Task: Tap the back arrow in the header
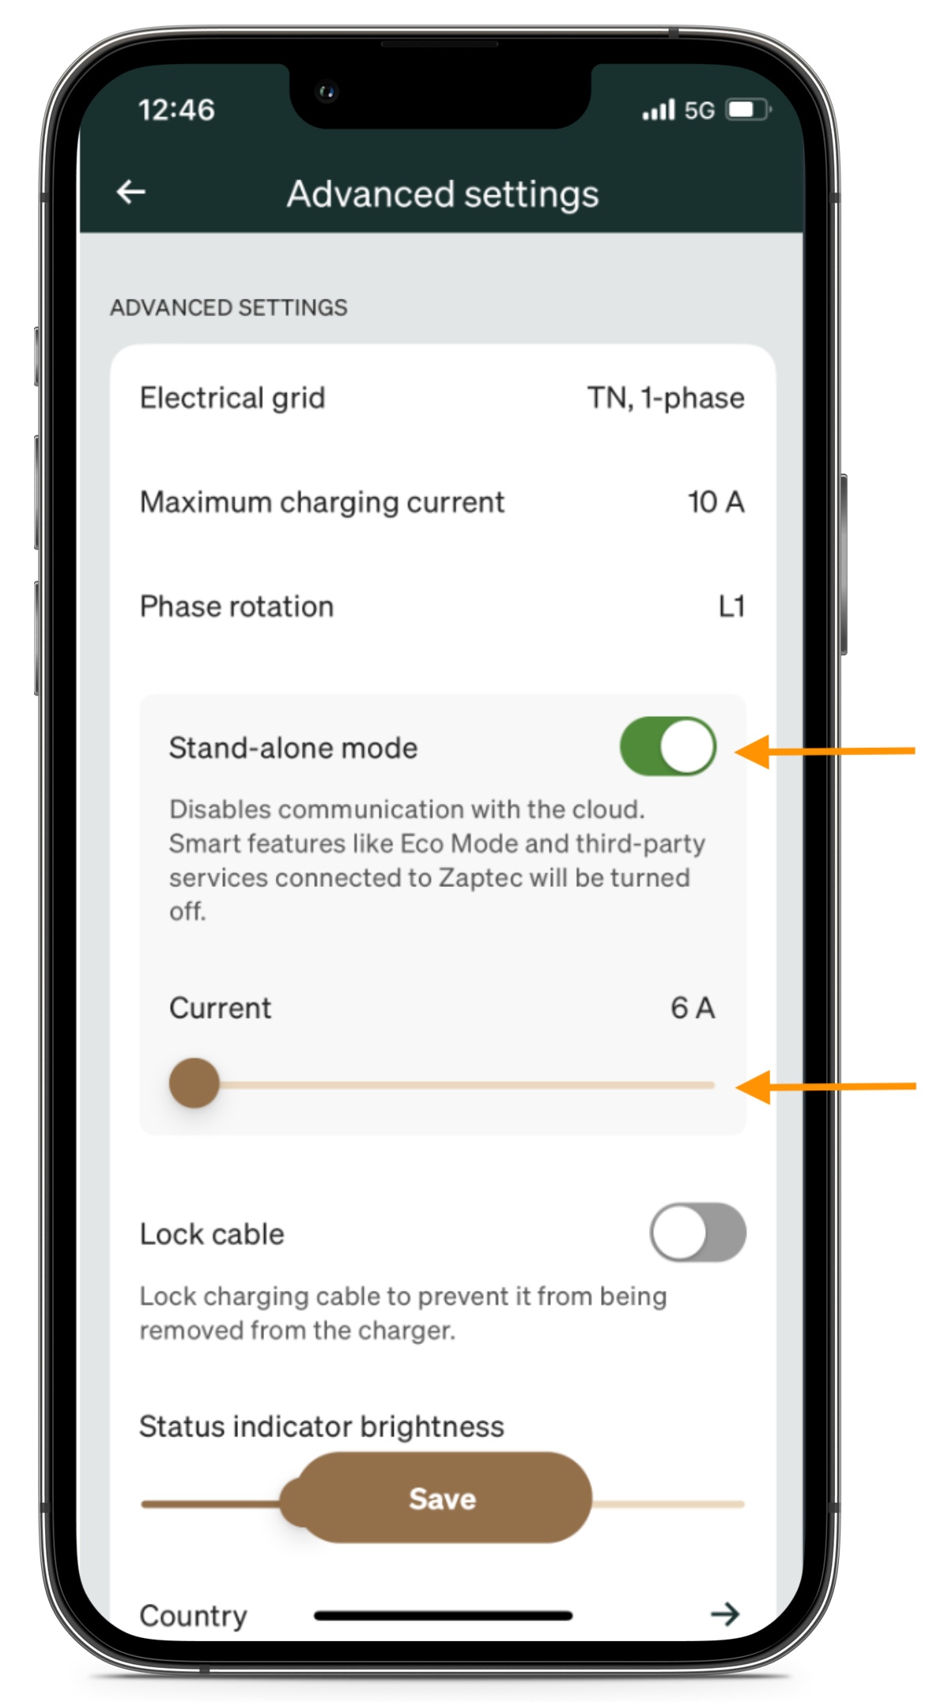click(131, 192)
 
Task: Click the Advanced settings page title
click(443, 194)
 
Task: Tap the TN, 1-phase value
click(666, 398)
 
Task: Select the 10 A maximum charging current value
click(716, 502)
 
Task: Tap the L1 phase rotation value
click(731, 606)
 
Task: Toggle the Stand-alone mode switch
click(668, 746)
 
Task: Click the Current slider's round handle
click(195, 1083)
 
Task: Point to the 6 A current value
click(693, 1008)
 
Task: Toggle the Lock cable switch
click(697, 1232)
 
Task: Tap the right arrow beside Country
click(725, 1613)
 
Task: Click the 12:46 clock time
click(176, 110)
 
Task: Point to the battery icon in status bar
click(748, 110)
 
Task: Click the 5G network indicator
click(699, 110)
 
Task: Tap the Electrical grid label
click(232, 398)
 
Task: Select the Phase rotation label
click(236, 606)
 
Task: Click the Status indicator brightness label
click(321, 1426)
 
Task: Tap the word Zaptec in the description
click(480, 877)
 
